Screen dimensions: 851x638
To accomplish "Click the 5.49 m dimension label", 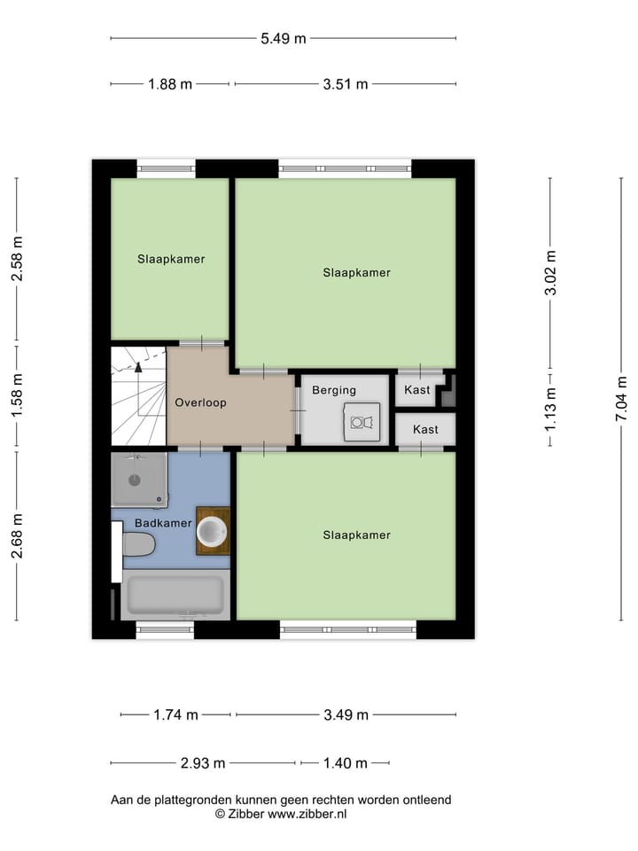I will point(284,38).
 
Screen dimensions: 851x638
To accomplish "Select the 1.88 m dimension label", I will point(169,84).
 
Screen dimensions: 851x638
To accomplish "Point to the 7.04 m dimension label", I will point(622,400).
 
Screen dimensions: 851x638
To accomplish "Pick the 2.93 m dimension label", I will point(203,763).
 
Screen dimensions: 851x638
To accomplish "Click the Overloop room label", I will point(200,402).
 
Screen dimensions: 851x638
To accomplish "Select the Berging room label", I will point(334,390).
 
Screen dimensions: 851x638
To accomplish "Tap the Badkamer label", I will point(163,523).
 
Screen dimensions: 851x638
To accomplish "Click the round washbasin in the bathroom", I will point(213,531).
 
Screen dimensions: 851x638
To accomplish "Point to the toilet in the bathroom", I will point(139,543).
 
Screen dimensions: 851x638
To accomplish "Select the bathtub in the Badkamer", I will point(175,595).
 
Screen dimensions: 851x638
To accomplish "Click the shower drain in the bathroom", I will point(135,480).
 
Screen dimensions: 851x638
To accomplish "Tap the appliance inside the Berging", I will point(362,422).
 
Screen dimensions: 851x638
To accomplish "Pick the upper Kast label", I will point(417,390).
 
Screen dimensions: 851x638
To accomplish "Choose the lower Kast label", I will point(425,430).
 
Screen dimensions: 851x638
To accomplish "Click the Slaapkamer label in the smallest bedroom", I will point(171,260).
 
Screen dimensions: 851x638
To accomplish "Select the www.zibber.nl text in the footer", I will point(307,813).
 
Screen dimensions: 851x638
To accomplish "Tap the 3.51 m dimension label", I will point(346,84).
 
